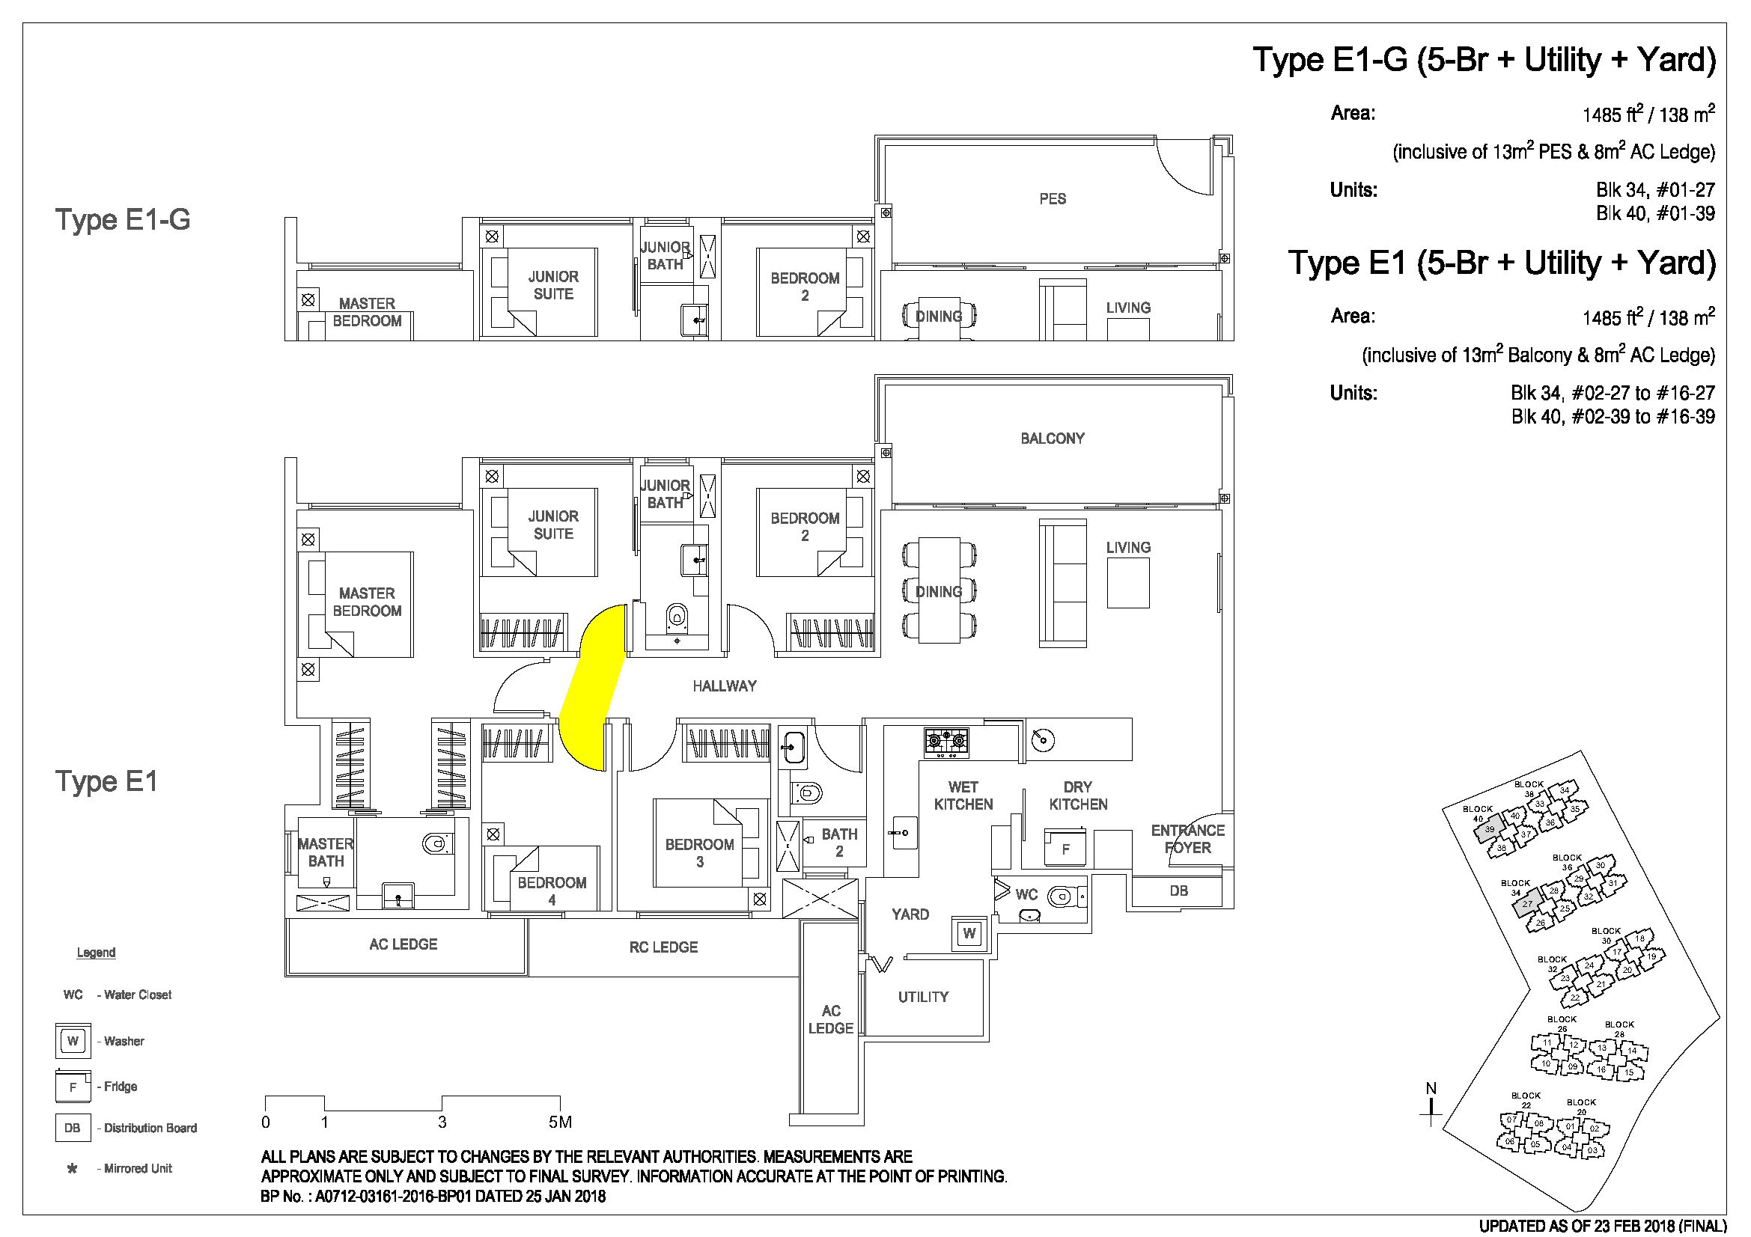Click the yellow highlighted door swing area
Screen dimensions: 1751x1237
593,686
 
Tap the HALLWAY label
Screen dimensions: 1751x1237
725,686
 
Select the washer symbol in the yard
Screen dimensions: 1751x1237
969,933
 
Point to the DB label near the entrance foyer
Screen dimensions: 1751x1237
1179,891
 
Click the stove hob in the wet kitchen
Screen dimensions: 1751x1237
946,740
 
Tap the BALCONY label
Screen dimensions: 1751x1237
1053,439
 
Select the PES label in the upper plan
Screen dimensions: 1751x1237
1053,199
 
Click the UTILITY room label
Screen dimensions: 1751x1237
924,997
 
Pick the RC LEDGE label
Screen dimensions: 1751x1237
663,947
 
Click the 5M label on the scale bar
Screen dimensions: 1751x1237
561,1122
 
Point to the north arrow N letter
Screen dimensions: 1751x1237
1431,1089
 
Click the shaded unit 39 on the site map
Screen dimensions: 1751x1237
1489,828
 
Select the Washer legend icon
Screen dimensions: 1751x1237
73,1041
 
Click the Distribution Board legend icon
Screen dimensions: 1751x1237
73,1128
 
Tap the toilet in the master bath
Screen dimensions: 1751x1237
436,843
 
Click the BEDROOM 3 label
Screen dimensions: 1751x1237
699,853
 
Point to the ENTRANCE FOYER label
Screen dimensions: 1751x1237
1187,839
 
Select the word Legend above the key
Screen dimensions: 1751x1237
96,953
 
